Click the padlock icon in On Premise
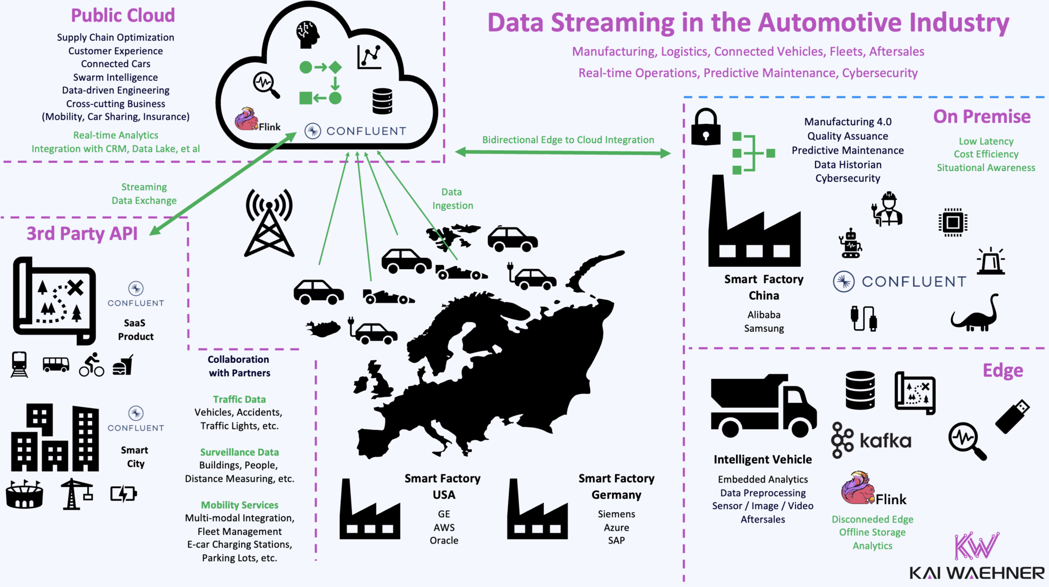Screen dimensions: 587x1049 [706, 127]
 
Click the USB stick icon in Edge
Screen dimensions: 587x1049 [1012, 417]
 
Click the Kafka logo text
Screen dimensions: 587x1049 [885, 441]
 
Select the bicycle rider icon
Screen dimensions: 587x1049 [92, 365]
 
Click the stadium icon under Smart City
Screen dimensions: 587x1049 [24, 494]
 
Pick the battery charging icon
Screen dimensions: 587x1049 [123, 494]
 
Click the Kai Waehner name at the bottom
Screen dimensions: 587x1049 [976, 573]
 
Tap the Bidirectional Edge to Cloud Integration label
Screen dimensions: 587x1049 [568, 140]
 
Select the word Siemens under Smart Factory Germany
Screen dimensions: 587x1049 [616, 514]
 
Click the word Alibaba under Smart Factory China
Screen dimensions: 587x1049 [764, 315]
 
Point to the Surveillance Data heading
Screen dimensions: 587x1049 [239, 452]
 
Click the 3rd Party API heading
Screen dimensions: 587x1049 [82, 233]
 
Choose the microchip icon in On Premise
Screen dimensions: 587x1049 [953, 222]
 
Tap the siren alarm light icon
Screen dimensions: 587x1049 [991, 262]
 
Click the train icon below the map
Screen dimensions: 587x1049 [19, 365]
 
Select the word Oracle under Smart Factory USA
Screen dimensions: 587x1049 [444, 540]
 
